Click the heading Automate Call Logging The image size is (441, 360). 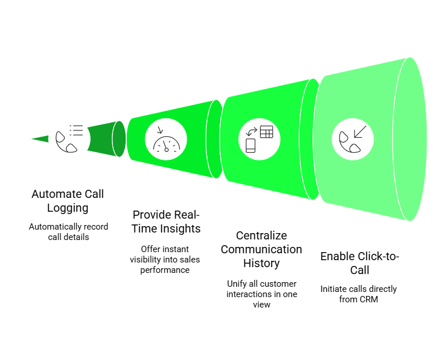(x=68, y=201)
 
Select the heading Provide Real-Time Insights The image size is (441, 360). (x=166, y=222)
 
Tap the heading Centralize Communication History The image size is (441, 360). (x=261, y=249)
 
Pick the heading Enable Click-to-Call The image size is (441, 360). (x=360, y=263)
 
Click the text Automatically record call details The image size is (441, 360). (x=69, y=232)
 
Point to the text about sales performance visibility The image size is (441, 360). (x=165, y=260)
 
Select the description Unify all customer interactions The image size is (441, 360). (x=262, y=294)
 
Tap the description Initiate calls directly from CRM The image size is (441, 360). (x=359, y=294)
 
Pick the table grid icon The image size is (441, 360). (x=266, y=132)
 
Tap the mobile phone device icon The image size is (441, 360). (x=251, y=145)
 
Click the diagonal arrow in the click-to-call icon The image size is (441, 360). (x=360, y=132)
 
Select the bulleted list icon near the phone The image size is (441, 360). (x=76, y=130)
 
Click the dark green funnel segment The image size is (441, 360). (x=106, y=139)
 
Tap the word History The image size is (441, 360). (x=261, y=264)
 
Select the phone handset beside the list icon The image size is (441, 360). (x=66, y=142)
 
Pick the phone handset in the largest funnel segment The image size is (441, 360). (x=349, y=142)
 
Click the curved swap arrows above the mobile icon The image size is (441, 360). (x=251, y=132)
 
